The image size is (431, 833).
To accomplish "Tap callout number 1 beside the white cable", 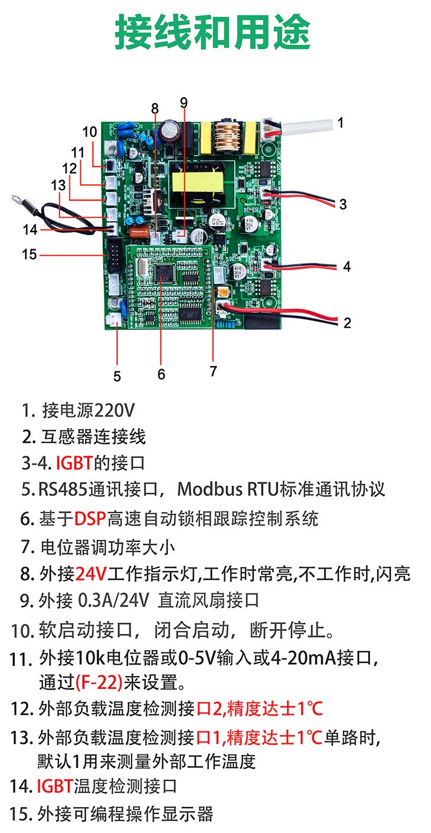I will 341,123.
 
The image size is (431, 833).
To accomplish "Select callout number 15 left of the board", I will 29,254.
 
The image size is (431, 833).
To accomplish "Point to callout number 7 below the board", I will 213,371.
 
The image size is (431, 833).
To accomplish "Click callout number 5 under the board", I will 117,376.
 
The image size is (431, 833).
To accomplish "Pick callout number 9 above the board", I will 184,102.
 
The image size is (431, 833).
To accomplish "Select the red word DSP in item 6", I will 90,519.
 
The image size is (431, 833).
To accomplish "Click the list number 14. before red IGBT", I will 22,786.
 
